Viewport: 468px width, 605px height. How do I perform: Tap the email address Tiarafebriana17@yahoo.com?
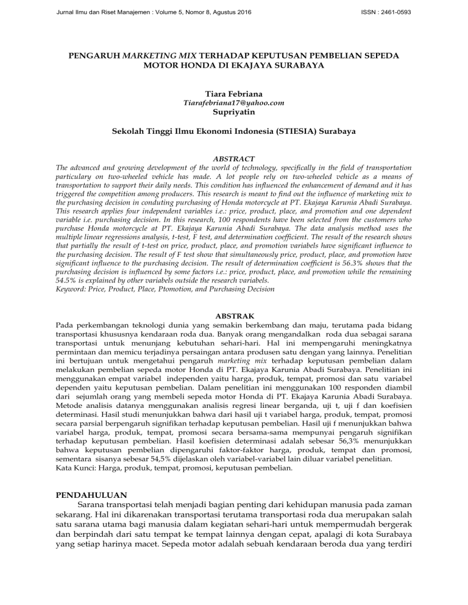(234, 103)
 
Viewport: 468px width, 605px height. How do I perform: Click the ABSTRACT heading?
(234, 156)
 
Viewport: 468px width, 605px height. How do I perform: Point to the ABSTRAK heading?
(234, 316)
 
